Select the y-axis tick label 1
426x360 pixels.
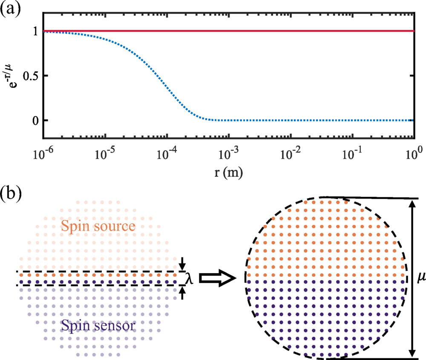point(36,31)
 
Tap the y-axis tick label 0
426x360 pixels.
point(36,121)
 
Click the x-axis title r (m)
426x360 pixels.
point(229,173)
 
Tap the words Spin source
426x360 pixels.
point(98,226)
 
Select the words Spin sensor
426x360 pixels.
point(98,327)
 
